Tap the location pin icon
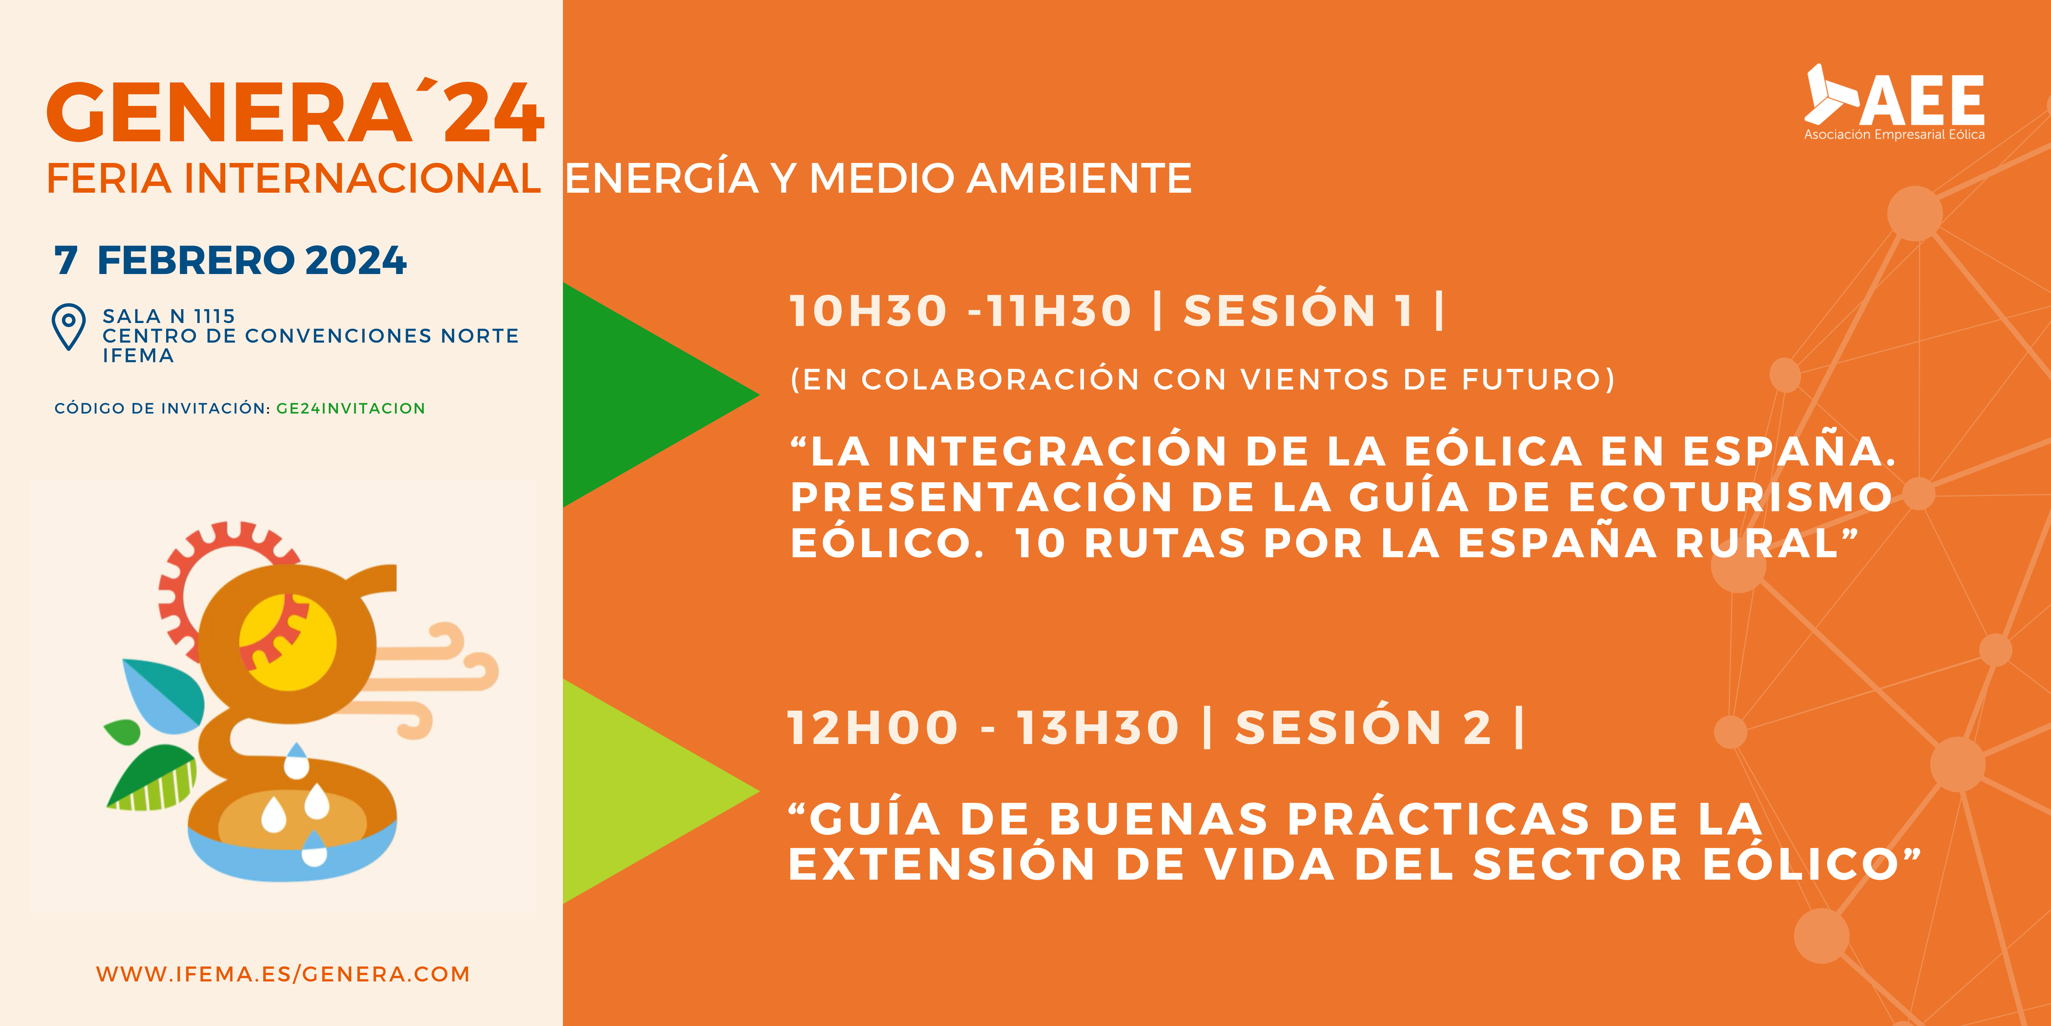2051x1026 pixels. [69, 327]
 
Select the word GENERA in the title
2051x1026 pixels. [229, 113]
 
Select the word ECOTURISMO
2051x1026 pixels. [1729, 497]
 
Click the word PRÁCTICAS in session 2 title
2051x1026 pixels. [1438, 819]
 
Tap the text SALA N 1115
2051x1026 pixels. [169, 316]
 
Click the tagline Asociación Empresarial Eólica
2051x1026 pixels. [1894, 134]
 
